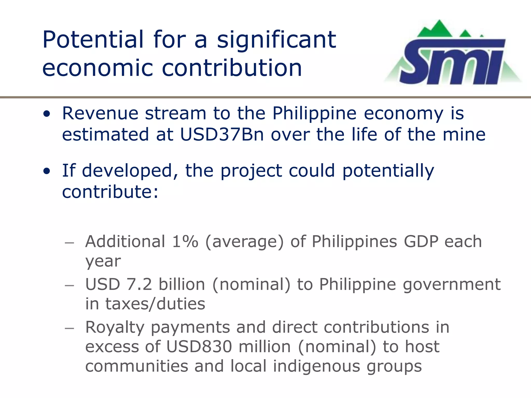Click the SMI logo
452,56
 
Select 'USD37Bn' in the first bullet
222,134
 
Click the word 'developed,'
130,171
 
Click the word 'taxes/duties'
155,304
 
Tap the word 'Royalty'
115,327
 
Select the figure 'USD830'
199,347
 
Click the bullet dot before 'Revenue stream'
47,114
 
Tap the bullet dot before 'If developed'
47,171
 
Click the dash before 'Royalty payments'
69,328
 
